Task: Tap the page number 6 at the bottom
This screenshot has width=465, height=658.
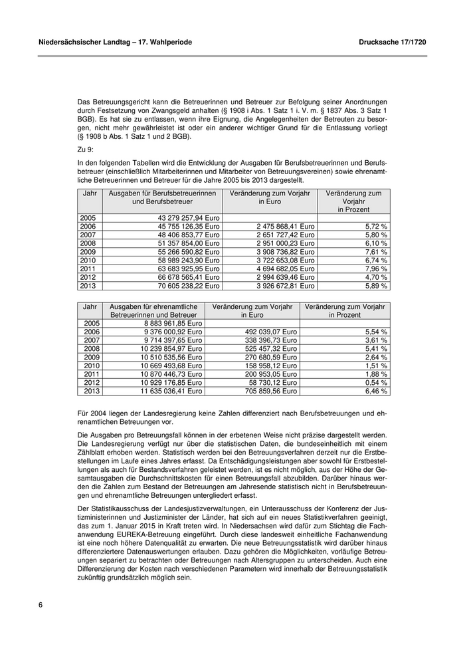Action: pos(41,605)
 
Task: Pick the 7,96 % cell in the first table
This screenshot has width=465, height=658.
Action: pos(377,269)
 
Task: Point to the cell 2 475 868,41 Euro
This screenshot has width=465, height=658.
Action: pos(285,227)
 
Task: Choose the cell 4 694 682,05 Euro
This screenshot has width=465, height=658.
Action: pos(285,269)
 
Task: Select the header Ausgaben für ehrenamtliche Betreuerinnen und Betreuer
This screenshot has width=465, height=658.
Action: pos(153,310)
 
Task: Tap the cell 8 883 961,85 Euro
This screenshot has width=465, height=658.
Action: pos(171,323)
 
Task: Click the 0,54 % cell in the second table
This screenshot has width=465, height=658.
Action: pos(377,383)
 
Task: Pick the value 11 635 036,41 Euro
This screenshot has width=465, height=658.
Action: pos(171,391)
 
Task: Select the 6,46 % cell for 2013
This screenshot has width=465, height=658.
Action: pos(377,391)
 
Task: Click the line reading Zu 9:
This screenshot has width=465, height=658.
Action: pos(86,150)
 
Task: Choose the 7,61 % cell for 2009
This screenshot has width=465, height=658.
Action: pos(377,252)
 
